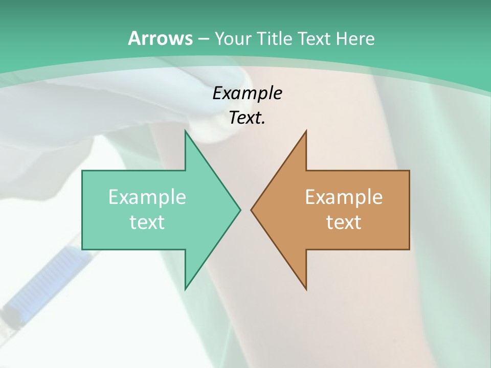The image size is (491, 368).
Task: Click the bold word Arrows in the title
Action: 160,38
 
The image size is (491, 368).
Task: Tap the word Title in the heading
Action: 275,38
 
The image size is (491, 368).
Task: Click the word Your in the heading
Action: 232,38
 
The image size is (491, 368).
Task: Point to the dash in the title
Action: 203,39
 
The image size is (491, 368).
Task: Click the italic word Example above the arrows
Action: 247,93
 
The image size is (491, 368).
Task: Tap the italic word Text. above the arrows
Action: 247,118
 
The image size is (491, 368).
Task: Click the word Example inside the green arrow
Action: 147,197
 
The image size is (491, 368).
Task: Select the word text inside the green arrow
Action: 147,222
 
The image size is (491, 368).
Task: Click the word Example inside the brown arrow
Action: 344,197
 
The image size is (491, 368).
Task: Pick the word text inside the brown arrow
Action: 344,222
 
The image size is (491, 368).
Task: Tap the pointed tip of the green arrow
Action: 240,210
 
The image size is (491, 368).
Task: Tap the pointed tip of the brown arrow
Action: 252,210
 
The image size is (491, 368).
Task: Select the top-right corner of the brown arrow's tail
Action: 409,171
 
